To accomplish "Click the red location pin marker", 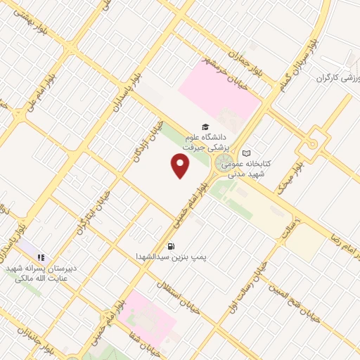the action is click(181, 165).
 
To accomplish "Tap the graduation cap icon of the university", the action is click(205, 127).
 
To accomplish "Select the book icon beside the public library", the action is click(246, 153).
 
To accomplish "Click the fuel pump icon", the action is click(171, 246).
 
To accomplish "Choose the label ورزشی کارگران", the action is click(337, 77).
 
